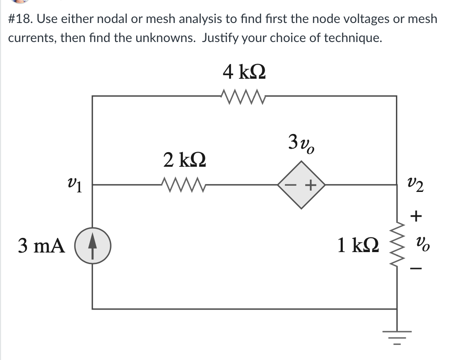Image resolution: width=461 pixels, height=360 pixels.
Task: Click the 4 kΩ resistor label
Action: pyautogui.click(x=245, y=72)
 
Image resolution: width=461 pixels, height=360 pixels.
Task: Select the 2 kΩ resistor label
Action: pyautogui.click(x=184, y=160)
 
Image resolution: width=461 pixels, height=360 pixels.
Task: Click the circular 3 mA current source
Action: pyautogui.click(x=92, y=246)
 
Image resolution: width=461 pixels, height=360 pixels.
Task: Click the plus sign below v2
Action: pyautogui.click(x=416, y=217)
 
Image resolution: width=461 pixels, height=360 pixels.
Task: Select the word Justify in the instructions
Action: pyautogui.click(x=220, y=38)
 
